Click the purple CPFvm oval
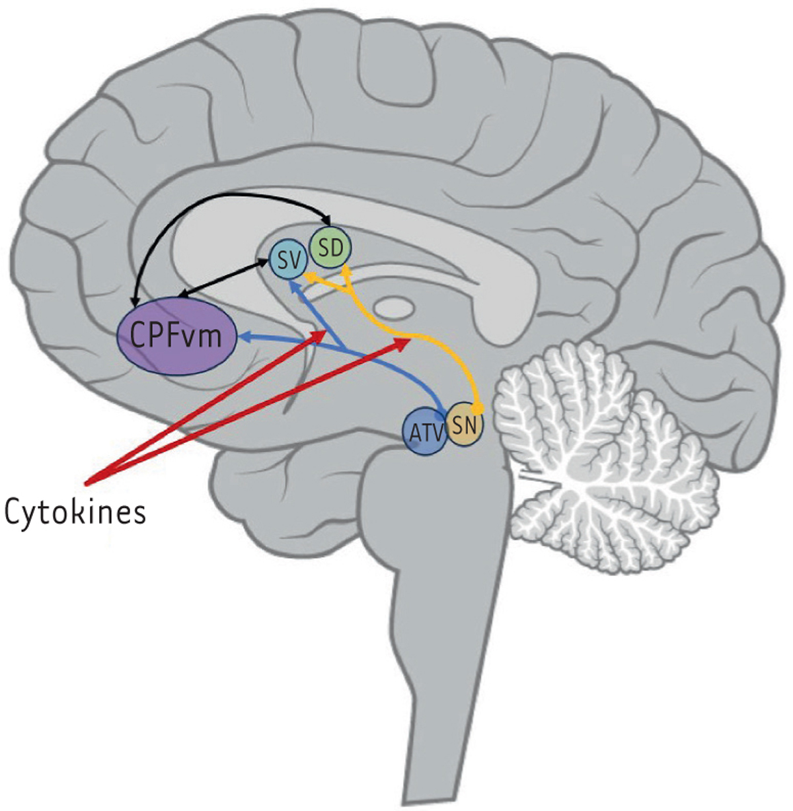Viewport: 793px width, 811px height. (x=177, y=337)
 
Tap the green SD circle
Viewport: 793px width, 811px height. (x=330, y=248)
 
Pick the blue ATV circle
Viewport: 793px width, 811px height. (x=424, y=433)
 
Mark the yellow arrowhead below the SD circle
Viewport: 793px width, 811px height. (x=345, y=271)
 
